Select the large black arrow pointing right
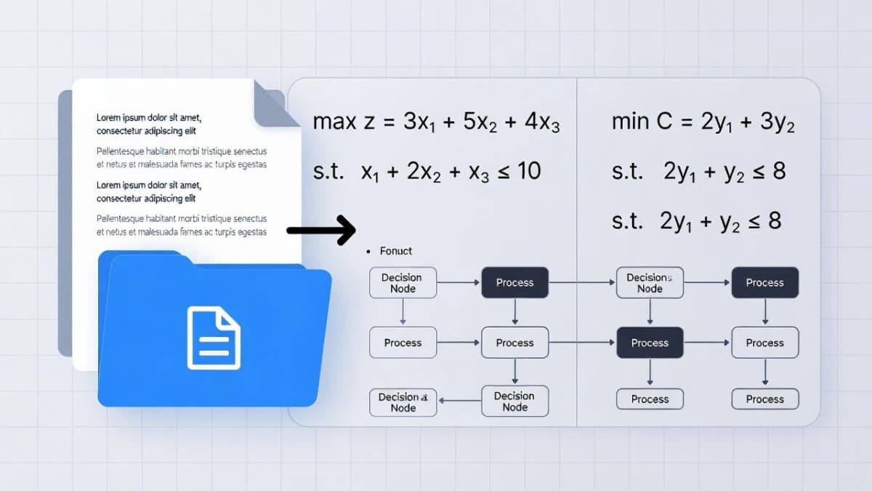click(x=320, y=231)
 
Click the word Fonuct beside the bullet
click(x=395, y=251)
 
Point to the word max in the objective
click(x=334, y=121)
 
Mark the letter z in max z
click(x=367, y=122)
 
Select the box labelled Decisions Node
click(x=650, y=283)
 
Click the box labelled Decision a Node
click(x=403, y=402)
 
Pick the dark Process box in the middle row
click(x=650, y=343)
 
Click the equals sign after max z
click(x=389, y=122)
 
